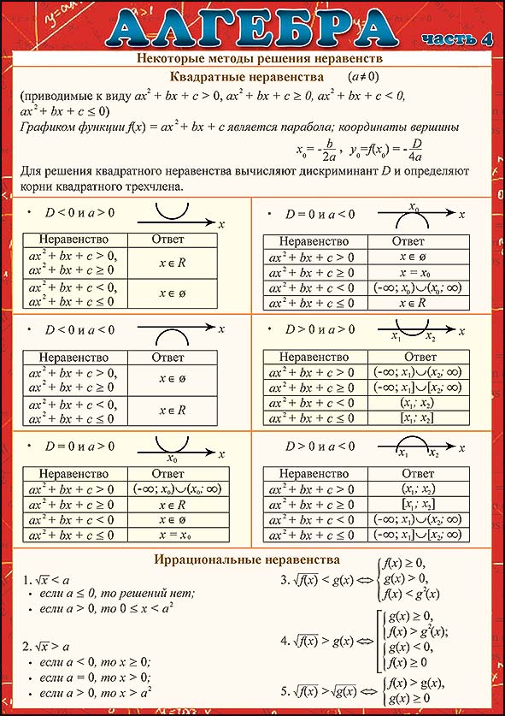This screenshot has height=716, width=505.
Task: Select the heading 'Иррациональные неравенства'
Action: tap(247, 559)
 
